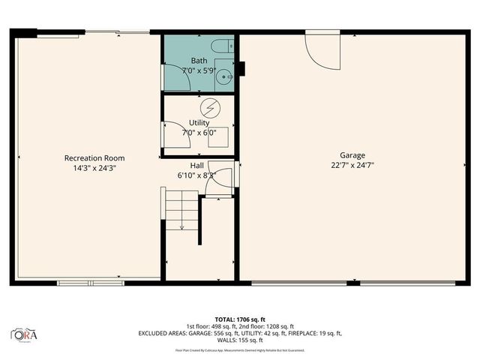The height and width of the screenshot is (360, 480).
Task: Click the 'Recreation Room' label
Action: click(94, 158)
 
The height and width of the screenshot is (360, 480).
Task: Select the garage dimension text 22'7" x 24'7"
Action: click(352, 166)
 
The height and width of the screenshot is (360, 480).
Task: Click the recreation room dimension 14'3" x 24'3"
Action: click(94, 169)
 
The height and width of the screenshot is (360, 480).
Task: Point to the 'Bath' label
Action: click(199, 61)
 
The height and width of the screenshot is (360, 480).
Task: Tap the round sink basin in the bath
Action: click(223, 76)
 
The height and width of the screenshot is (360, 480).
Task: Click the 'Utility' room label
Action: click(199, 122)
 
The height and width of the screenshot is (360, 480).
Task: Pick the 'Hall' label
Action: click(196, 165)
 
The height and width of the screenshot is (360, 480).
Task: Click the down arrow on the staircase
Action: click(181, 224)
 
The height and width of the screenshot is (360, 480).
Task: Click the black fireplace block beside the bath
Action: click(241, 68)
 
